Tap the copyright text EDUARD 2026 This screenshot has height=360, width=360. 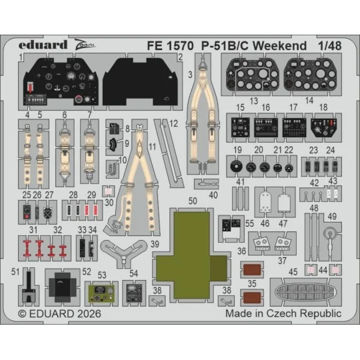(x=53, y=313)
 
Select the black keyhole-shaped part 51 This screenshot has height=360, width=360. (x=29, y=287)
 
